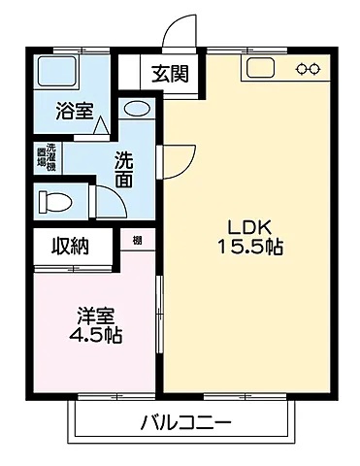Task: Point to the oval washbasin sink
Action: (138, 109)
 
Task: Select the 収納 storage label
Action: (71, 247)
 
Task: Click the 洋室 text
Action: (97, 316)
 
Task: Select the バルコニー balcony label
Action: (184, 423)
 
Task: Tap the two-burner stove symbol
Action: (309, 68)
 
